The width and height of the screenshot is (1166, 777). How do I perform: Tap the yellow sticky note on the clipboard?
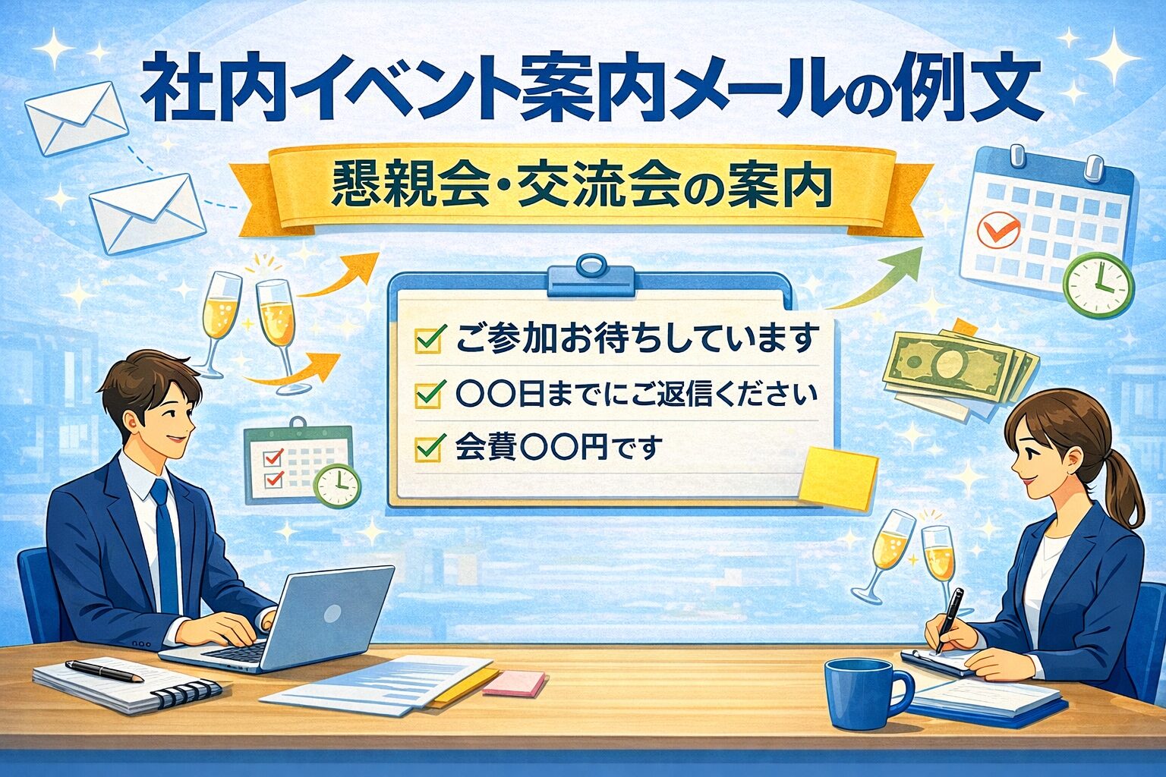[x=838, y=477]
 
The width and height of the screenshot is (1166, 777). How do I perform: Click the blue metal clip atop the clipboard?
[x=591, y=276]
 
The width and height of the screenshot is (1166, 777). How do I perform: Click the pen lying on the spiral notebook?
[x=104, y=671]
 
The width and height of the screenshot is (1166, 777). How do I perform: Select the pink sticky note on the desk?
[x=515, y=683]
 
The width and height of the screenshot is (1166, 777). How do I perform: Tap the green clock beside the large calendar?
[x=1098, y=285]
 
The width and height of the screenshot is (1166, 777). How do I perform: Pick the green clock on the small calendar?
[x=337, y=486]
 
